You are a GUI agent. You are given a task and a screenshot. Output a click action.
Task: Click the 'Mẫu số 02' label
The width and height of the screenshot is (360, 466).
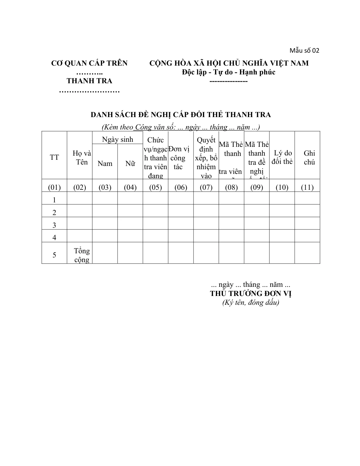[304, 50]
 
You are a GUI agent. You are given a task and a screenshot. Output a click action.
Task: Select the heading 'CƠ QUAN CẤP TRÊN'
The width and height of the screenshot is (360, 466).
[89, 63]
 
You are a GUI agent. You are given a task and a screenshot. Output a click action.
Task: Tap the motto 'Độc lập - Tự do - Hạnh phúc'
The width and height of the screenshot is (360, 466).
[229, 72]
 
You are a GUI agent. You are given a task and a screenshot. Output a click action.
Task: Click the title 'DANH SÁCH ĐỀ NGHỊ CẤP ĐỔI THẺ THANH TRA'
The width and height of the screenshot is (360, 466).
[181, 115]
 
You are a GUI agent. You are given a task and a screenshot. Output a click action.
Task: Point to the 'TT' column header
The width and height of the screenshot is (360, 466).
[54, 157]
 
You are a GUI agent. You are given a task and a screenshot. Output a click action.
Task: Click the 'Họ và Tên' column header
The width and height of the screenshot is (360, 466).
[82, 158]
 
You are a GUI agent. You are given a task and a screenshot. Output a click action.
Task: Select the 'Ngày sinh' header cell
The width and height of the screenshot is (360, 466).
[117, 139]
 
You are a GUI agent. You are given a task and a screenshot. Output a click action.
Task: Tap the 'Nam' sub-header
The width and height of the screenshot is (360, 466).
[105, 164]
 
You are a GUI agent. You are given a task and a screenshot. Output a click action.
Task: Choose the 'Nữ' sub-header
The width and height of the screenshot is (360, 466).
[130, 164]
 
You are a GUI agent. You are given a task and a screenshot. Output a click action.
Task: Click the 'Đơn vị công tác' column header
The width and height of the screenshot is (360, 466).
[179, 158]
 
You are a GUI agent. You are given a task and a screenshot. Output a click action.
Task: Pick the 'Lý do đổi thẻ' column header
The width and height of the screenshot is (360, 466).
[282, 157]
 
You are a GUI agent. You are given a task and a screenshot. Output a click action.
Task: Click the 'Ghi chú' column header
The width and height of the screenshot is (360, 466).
[309, 157]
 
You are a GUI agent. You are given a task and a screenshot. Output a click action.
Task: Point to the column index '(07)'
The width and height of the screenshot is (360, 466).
[206, 187]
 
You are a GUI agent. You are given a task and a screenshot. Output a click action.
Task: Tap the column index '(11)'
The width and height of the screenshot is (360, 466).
[307, 187]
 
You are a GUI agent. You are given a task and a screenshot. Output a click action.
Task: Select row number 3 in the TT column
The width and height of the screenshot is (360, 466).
[54, 225]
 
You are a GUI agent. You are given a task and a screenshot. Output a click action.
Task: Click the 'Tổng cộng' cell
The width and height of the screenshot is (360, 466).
[82, 255]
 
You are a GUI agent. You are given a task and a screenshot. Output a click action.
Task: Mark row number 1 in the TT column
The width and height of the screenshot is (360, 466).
[54, 200]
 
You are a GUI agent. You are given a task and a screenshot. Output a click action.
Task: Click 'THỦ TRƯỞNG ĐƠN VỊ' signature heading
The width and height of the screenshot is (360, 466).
[251, 293]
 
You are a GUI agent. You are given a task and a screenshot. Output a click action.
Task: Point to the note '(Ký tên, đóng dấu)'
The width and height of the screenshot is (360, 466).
[251, 302]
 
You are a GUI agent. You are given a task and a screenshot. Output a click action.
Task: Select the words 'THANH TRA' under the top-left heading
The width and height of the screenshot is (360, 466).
[89, 81]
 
